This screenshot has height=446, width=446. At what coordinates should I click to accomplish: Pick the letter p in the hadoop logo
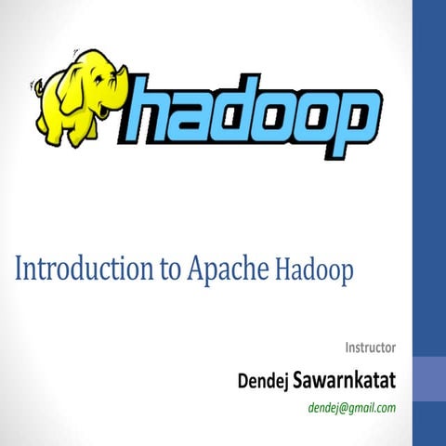(x=353, y=117)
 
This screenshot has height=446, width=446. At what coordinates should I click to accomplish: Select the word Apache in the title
(x=227, y=269)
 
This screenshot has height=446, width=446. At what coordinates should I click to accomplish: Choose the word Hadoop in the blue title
(x=315, y=269)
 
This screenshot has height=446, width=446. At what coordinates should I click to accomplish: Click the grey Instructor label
(x=371, y=348)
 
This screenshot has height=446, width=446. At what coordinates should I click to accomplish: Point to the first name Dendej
(x=264, y=379)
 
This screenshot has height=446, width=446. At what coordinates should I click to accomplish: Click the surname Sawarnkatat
(x=345, y=379)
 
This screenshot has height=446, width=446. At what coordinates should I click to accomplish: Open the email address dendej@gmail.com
(x=351, y=407)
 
